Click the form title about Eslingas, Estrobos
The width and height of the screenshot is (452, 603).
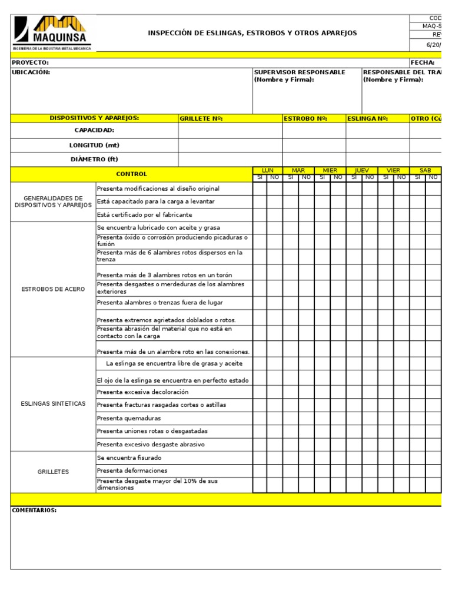pyautogui.click(x=252, y=33)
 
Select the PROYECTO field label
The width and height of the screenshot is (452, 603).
pyautogui.click(x=31, y=62)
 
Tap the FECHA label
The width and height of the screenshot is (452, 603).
pyautogui.click(x=423, y=62)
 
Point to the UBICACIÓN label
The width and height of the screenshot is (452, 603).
pyautogui.click(x=31, y=72)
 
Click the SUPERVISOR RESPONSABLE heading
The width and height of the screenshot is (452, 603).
pyautogui.click(x=299, y=72)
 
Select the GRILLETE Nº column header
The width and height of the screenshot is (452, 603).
pyautogui.click(x=201, y=118)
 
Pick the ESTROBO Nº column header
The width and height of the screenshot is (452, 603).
pyautogui.click(x=305, y=118)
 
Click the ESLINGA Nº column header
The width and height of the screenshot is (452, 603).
pyautogui.click(x=367, y=118)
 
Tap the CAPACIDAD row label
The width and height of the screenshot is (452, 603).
pyautogui.click(x=94, y=130)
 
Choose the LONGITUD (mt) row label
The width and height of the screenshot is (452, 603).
pyautogui.click(x=94, y=145)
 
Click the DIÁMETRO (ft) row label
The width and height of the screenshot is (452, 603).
pyautogui.click(x=94, y=160)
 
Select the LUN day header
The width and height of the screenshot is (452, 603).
pyautogui.click(x=267, y=170)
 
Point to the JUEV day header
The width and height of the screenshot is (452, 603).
pyautogui.click(x=361, y=170)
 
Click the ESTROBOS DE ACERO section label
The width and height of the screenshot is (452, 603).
pyautogui.click(x=53, y=289)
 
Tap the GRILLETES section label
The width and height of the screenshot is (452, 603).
pyautogui.click(x=53, y=472)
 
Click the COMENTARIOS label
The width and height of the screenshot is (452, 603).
pyautogui.click(x=34, y=511)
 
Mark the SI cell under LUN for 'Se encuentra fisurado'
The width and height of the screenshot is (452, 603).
pyautogui.click(x=260, y=458)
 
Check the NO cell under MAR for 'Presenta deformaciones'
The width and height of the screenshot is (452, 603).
pyautogui.click(x=306, y=471)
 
